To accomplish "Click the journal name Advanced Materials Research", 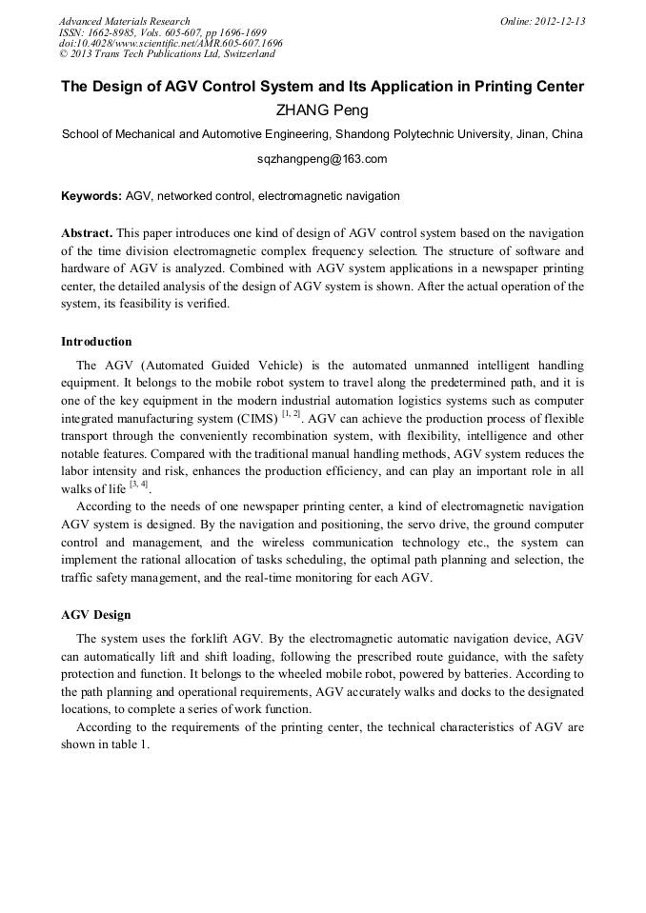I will [124, 21].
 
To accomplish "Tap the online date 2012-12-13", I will [560, 21].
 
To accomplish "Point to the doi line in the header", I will [171, 44].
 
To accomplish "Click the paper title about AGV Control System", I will [322, 87].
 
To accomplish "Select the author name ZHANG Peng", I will [322, 110].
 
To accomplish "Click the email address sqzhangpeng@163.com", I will [322, 159].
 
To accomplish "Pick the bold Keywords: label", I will [91, 196].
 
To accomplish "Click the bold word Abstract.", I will [87, 233].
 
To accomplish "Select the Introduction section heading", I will [96, 342].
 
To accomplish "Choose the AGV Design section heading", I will [95, 615].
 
